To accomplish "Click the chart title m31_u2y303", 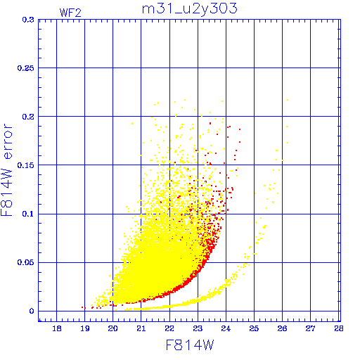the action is [190, 9].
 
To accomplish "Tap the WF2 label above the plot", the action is [70, 13].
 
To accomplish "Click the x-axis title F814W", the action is [190, 345].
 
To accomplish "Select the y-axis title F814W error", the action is [6, 169].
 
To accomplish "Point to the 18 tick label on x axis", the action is [57, 328].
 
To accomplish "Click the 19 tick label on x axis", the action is [85, 328].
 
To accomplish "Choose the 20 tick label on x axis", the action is [112, 328].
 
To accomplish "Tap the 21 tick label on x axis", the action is [141, 328].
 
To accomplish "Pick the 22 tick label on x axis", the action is [169, 328].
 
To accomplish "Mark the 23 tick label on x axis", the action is [198, 328].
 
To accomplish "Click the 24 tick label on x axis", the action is [226, 328].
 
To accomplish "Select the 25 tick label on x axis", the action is [254, 328].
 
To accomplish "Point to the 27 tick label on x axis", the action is [311, 328].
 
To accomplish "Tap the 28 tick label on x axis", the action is [339, 328].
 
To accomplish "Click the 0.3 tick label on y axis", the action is [28, 20].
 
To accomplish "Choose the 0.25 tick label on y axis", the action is [26, 68].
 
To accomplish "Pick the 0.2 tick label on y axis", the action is [28, 117].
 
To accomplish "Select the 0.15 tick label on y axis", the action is [26, 165].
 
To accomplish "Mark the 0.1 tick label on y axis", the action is [28, 214].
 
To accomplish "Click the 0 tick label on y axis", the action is [32, 311].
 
